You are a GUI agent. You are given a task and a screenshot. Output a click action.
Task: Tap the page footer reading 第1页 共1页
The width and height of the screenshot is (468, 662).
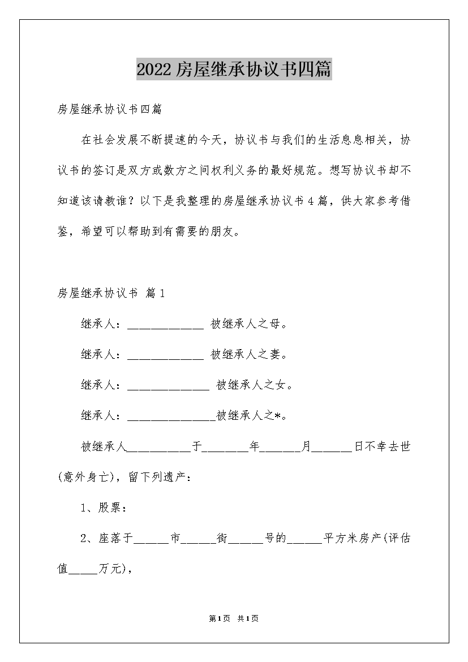[234, 618]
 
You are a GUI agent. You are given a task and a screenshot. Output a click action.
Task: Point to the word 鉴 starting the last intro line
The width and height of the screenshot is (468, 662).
[63, 231]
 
